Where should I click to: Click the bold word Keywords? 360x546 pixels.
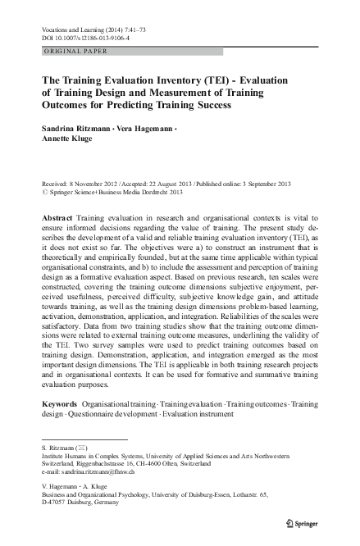click(x=59, y=403)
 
